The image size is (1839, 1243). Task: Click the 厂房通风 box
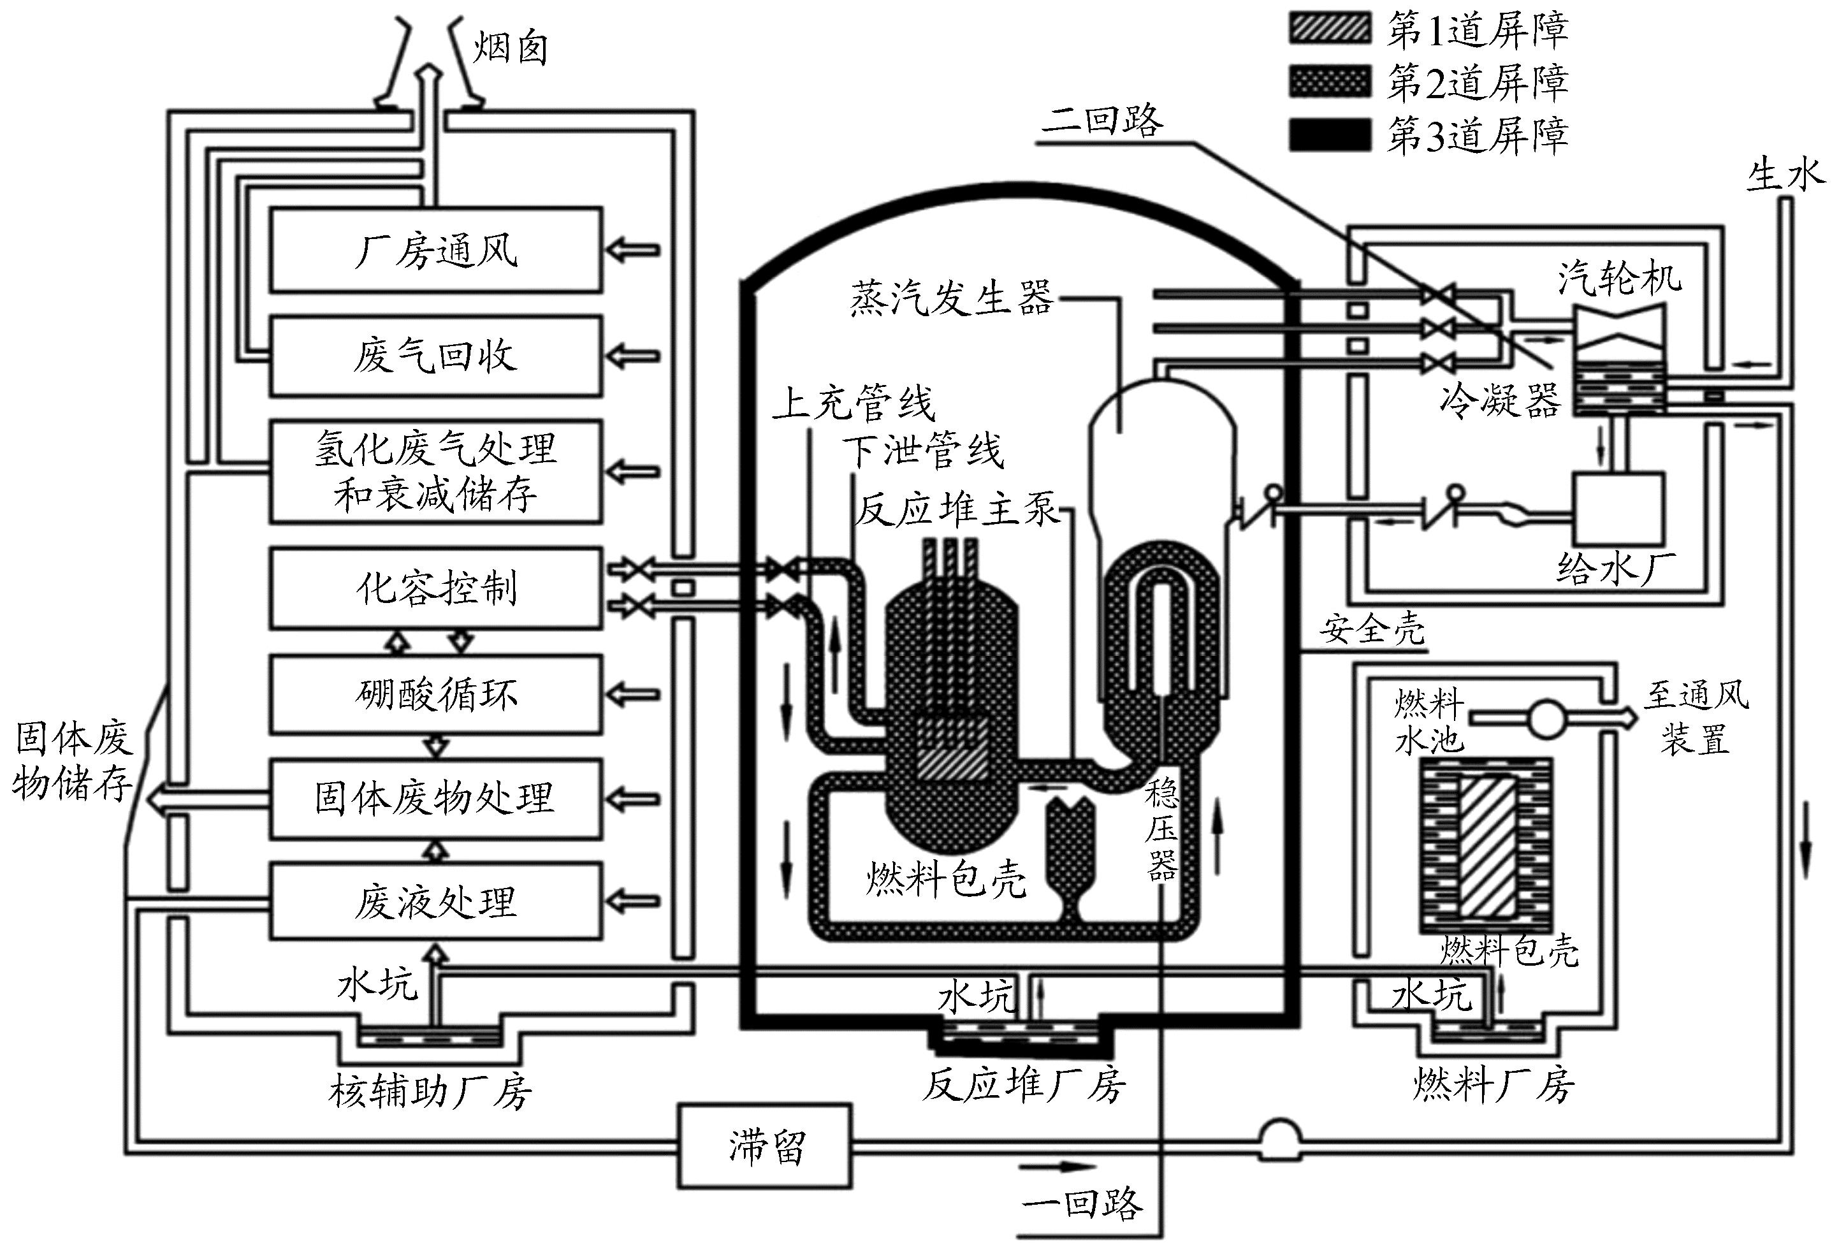point(435,250)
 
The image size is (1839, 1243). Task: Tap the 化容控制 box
point(435,588)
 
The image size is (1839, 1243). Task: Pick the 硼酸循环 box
point(435,694)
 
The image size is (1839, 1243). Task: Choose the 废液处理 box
point(435,902)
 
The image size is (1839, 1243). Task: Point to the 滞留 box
point(764,1145)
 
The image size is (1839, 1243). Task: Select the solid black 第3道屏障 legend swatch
point(1330,134)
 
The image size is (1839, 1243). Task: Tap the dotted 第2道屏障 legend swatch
point(1330,82)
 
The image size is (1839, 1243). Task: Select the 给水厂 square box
point(1618,509)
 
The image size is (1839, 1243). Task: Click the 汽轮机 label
point(1620,279)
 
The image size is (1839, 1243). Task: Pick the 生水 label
point(1784,175)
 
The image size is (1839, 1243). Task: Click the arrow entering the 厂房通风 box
point(632,250)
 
